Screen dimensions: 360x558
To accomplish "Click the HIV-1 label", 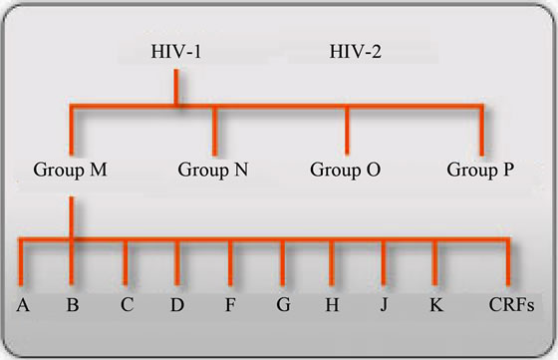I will click(175, 51).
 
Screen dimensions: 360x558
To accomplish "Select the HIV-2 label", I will click(357, 51).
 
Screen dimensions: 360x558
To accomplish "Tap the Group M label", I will click(70, 169).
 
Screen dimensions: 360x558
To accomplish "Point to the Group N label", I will click(213, 169).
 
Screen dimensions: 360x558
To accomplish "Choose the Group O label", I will click(346, 169).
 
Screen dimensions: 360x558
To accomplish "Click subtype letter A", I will click(21, 304).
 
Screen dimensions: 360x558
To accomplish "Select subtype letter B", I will click(72, 304).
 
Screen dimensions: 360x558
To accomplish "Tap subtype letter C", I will click(127, 304).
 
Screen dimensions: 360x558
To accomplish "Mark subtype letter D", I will click(176, 304).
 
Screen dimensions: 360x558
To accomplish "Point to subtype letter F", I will click(230, 304).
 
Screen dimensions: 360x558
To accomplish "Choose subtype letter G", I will click(284, 304).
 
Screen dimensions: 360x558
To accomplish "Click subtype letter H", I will click(332, 304).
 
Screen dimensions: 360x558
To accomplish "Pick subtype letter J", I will click(384, 304).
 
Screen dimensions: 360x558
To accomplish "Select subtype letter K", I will click(434, 304).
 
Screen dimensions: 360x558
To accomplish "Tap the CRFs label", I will click(510, 304).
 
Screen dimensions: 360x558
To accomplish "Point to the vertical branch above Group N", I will click(214, 128).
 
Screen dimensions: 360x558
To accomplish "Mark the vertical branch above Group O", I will click(347, 128).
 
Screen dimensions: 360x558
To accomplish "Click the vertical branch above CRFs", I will click(509, 264).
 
